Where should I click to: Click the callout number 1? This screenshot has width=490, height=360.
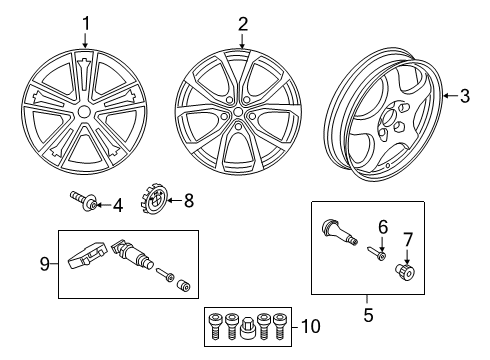tap(86, 21)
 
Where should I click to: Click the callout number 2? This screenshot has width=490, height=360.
tap(242, 21)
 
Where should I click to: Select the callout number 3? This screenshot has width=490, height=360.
tap(463, 95)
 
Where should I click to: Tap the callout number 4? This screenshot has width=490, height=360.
tap(117, 206)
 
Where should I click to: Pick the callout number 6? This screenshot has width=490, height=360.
tap(381, 228)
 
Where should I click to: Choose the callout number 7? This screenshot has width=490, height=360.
tap(407, 239)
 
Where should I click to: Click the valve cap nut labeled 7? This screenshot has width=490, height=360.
tap(409, 271)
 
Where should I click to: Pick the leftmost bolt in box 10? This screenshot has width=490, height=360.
tap(213, 324)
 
